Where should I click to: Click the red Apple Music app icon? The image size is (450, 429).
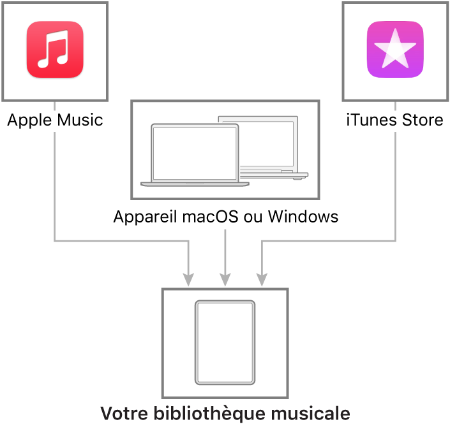coord(55,49)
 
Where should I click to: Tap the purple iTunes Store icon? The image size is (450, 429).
coord(395,49)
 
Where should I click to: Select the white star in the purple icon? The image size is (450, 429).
coord(395,48)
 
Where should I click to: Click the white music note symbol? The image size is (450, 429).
coord(53,49)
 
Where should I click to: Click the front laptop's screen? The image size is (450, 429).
coord(195,154)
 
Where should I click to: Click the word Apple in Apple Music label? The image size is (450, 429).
coord(28,120)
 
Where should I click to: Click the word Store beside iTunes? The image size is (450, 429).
coord(423,120)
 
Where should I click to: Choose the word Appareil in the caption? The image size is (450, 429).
coord(145,217)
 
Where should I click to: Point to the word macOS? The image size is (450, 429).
coord(210,217)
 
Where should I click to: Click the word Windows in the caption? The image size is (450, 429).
coord(303,217)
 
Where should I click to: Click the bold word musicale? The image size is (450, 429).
coord(310,413)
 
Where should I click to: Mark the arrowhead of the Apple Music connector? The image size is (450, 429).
coord(188,280)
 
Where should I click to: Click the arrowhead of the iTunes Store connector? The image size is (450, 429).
coord(262,280)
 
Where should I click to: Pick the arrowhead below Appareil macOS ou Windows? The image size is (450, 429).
coord(225,280)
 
